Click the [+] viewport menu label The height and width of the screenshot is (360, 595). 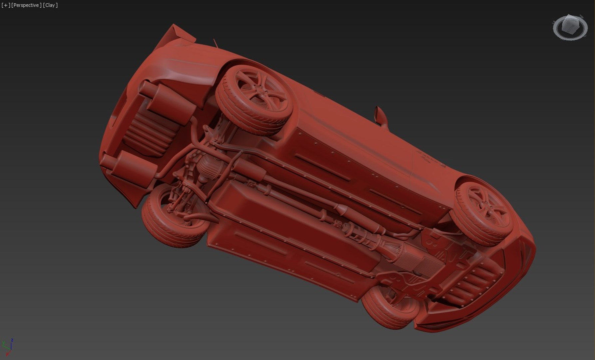[x=6, y=5]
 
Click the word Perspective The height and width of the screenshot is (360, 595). [x=26, y=5]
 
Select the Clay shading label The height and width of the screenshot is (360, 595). [x=50, y=5]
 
